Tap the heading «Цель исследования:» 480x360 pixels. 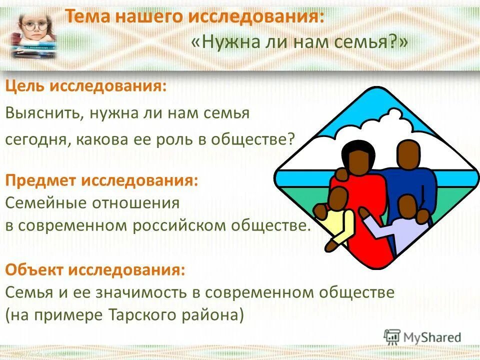coord(86,85)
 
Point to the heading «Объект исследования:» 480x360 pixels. coord(95,270)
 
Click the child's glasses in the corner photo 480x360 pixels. coord(34,25)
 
